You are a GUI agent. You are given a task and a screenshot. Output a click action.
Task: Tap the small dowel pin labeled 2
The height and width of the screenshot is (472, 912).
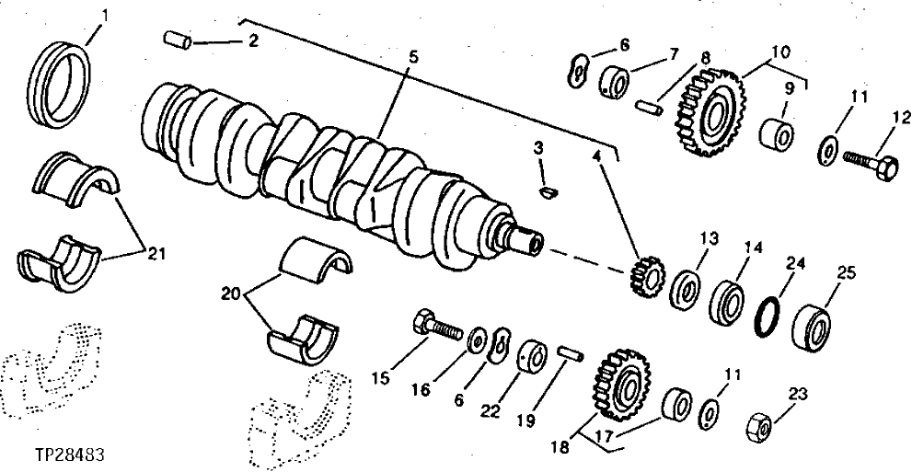(177, 40)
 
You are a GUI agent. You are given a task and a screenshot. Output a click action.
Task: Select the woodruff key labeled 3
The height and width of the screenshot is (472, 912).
(548, 190)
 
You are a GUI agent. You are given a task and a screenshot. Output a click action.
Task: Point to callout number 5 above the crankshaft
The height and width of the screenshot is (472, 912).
(413, 57)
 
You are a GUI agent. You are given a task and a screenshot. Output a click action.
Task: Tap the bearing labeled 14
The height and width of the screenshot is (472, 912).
(728, 303)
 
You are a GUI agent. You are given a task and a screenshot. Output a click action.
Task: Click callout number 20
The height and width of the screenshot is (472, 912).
(232, 294)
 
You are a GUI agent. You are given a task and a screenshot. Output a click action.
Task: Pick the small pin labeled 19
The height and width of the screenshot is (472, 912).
(567, 351)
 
